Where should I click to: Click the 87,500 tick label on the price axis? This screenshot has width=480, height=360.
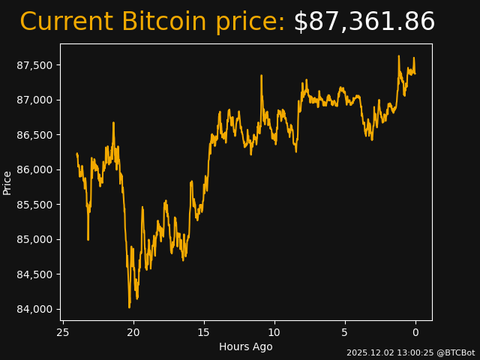(x=34, y=65)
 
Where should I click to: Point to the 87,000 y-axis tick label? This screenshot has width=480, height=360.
(x=34, y=100)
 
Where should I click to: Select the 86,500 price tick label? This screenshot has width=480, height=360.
(x=34, y=135)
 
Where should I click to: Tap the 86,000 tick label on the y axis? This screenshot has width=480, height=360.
(x=34, y=169)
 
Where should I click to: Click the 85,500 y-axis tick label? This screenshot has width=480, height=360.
(x=34, y=205)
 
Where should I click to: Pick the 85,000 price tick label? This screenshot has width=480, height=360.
(x=34, y=239)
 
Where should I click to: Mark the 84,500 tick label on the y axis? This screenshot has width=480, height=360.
(x=34, y=274)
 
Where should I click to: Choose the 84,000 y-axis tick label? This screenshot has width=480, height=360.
(x=34, y=309)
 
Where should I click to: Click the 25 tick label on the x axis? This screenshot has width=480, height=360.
(x=63, y=331)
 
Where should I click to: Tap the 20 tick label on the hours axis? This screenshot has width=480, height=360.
(x=133, y=331)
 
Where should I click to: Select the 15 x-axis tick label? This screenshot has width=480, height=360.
(x=204, y=331)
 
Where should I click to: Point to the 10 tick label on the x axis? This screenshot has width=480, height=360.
(x=274, y=331)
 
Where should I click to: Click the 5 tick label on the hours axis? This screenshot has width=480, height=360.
(x=345, y=331)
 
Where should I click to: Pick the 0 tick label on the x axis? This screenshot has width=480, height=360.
(x=415, y=331)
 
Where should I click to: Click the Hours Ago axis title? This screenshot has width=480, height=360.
(x=246, y=346)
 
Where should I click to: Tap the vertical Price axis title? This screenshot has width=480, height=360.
(x=7, y=182)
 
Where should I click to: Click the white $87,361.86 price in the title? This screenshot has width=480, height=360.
(x=364, y=22)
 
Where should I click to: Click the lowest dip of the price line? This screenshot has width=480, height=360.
(x=129, y=307)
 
